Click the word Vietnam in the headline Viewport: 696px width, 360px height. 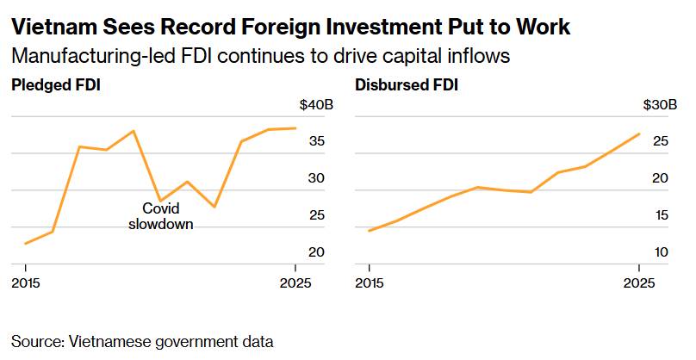(x=49, y=27)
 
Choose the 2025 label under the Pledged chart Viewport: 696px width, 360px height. (x=295, y=282)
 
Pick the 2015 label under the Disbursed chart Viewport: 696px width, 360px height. (x=370, y=282)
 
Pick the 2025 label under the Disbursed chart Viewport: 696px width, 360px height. (x=638, y=282)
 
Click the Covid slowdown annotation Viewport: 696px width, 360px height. (x=160, y=215)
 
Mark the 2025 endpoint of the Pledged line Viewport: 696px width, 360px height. (x=295, y=128)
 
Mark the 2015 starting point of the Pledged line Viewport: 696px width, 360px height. (x=26, y=244)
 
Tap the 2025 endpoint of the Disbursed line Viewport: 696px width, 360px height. (x=639, y=133)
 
